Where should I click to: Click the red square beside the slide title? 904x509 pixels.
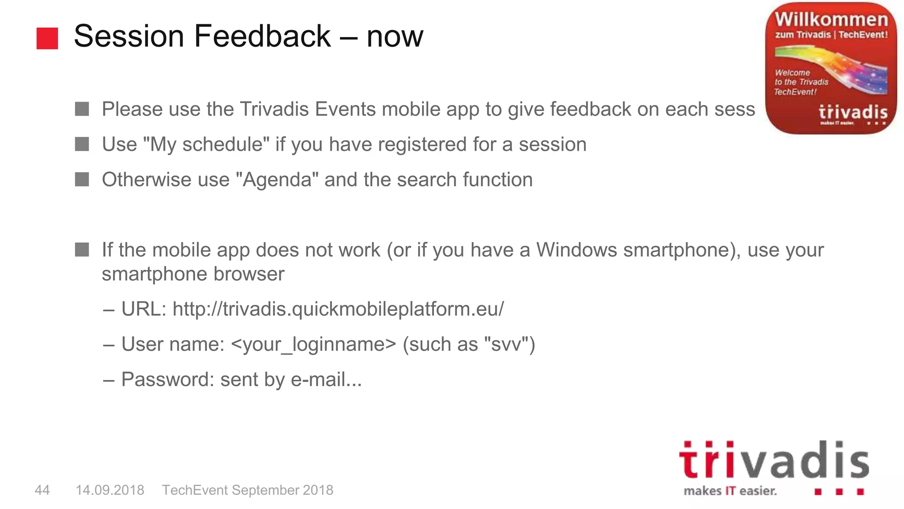pyautogui.click(x=47, y=38)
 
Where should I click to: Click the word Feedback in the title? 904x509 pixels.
pyautogui.click(x=262, y=36)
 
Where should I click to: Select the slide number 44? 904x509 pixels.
pyautogui.click(x=42, y=490)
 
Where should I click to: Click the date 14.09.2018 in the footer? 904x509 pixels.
pyautogui.click(x=110, y=490)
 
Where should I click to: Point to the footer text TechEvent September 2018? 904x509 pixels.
pyautogui.click(x=248, y=490)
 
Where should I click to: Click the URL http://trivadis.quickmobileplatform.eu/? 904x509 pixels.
pyautogui.click(x=338, y=309)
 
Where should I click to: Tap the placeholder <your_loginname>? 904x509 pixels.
pyautogui.click(x=313, y=344)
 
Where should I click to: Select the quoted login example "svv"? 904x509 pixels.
pyautogui.click(x=506, y=344)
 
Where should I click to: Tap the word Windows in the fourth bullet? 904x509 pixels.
pyautogui.click(x=576, y=250)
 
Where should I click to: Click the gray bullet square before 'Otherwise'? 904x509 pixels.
pyautogui.click(x=82, y=179)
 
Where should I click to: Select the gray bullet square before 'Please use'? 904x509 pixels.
pyautogui.click(x=82, y=109)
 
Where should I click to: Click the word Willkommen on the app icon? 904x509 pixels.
pyautogui.click(x=831, y=19)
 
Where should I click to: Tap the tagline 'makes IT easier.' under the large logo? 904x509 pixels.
pyautogui.click(x=730, y=491)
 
